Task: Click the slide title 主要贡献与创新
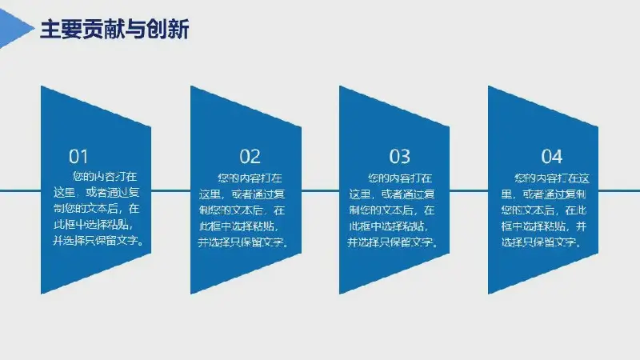click(x=114, y=29)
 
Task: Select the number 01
click(x=78, y=156)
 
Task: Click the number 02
click(x=250, y=156)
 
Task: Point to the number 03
click(x=399, y=156)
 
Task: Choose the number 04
click(x=552, y=156)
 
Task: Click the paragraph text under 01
click(x=98, y=209)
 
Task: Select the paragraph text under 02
click(x=244, y=210)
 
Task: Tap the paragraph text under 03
click(x=393, y=210)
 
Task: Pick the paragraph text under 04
click(x=546, y=210)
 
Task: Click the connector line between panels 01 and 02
click(x=170, y=190)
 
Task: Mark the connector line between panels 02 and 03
click(x=321, y=190)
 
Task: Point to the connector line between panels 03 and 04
click(x=469, y=190)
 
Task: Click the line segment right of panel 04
click(x=619, y=190)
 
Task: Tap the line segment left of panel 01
click(x=21, y=190)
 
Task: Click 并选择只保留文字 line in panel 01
click(x=98, y=241)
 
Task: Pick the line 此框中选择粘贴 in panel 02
click(x=239, y=226)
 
